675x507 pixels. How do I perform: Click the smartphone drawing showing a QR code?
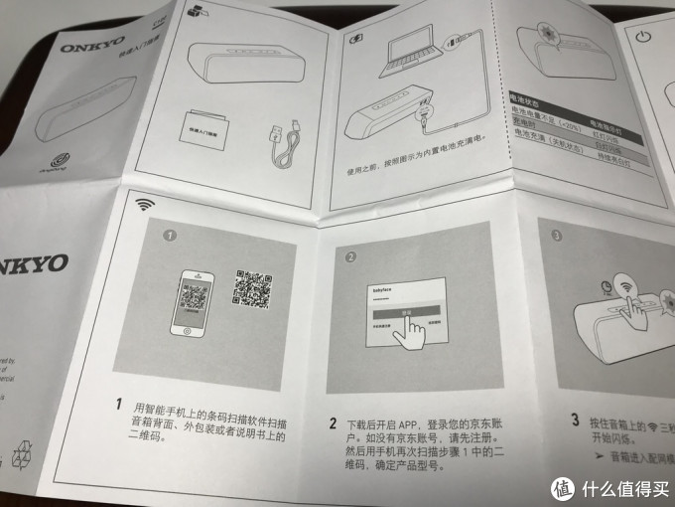click(x=196, y=299)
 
